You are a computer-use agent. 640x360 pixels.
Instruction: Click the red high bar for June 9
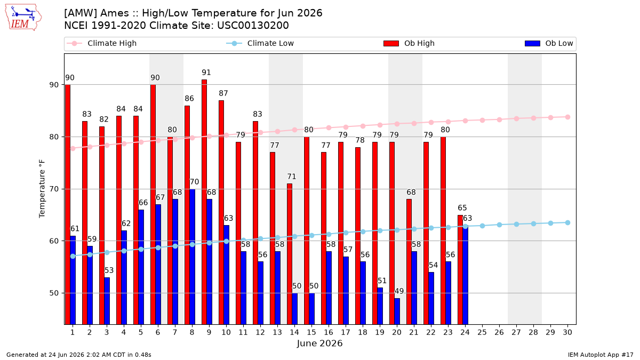(x=204, y=202)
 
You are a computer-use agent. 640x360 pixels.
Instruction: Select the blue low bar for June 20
(x=397, y=311)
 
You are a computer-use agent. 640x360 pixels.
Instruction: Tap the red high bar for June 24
(x=460, y=270)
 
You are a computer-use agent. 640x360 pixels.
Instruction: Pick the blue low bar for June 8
(x=193, y=257)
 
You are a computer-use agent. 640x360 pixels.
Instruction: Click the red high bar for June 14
(x=290, y=254)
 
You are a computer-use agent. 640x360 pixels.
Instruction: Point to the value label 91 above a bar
(x=206, y=73)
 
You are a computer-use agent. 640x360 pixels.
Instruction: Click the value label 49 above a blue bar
(x=399, y=291)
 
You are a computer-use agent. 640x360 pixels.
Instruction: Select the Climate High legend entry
(x=102, y=43)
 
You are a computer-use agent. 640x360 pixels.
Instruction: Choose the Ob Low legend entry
(x=549, y=43)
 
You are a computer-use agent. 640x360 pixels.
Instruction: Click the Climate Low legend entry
(x=260, y=43)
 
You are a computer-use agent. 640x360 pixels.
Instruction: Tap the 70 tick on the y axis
(x=54, y=189)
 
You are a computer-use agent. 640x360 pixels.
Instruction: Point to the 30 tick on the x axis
(x=567, y=333)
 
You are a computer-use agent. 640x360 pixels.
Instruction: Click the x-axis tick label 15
(x=311, y=333)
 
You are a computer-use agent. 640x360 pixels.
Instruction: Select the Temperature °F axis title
(x=42, y=189)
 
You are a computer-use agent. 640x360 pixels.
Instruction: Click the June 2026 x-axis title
(x=319, y=343)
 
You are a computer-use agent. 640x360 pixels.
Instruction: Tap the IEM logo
(x=23, y=18)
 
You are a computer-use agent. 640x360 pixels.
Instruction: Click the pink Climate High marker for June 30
(x=567, y=117)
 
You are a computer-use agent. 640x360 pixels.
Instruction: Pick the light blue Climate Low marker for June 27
(x=516, y=225)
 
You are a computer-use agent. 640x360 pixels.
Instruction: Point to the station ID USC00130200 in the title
(x=253, y=26)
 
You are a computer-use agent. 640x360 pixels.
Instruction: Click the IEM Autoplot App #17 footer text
(x=601, y=355)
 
